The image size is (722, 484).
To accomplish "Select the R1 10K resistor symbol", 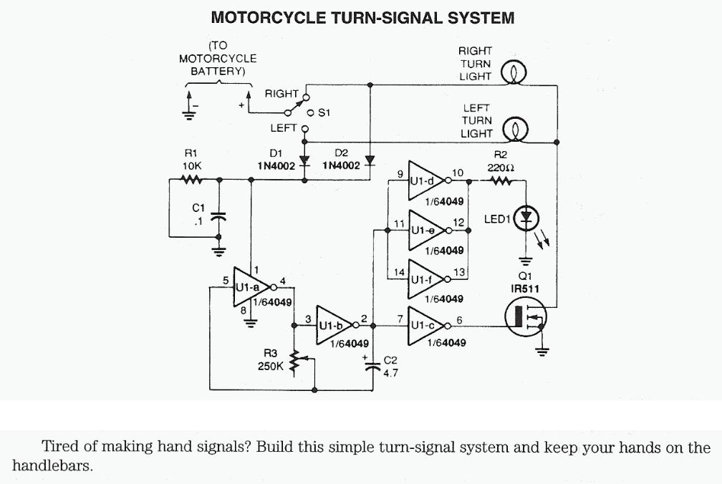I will [191, 180].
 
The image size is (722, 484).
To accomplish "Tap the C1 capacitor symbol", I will [219, 218].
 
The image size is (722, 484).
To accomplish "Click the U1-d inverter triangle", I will [425, 182].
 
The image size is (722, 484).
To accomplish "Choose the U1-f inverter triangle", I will [425, 278].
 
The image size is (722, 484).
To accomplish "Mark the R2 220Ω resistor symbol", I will [500, 182].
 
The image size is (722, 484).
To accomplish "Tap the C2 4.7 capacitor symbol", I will [372, 367].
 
